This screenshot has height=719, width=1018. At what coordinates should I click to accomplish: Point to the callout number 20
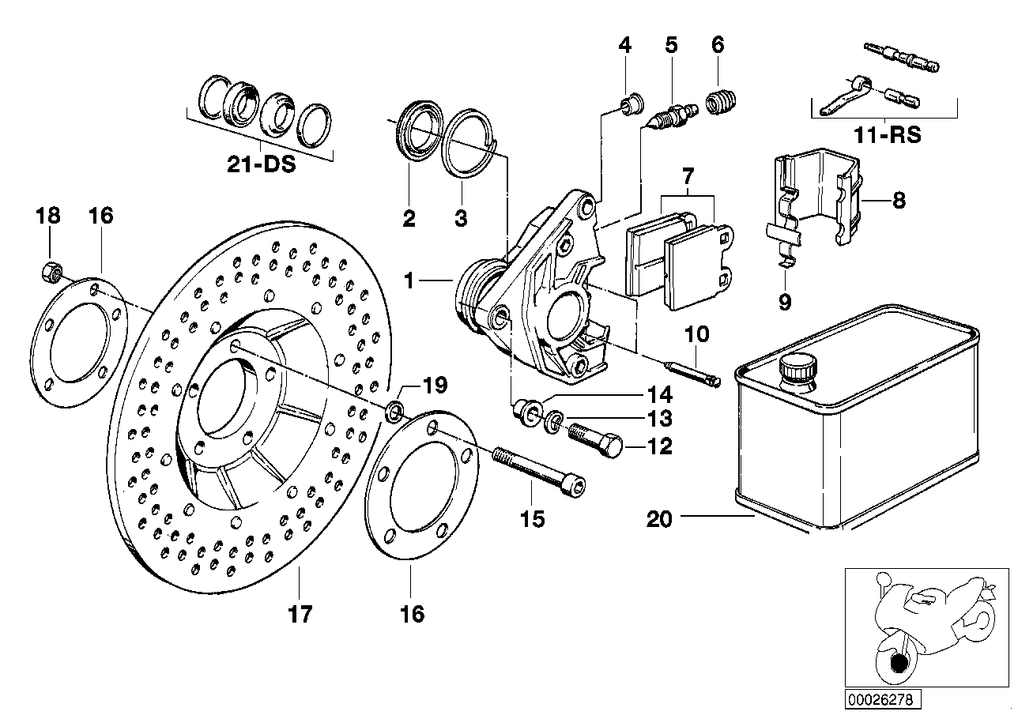[660, 519]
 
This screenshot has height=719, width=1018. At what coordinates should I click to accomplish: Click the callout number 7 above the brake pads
[687, 175]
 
